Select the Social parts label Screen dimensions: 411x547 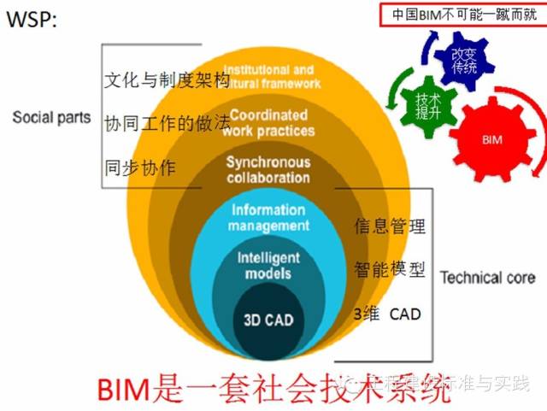tap(51, 118)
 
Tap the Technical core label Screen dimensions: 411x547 tap(488, 278)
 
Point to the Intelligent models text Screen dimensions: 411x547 tap(268, 266)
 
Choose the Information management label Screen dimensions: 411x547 tap(268, 218)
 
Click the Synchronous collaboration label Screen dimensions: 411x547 tap(268, 170)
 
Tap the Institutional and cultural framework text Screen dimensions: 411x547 tap(271, 77)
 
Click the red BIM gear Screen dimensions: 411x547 tap(491, 138)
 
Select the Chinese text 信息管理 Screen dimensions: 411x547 tap(390, 227)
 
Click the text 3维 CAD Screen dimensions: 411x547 tap(387, 314)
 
